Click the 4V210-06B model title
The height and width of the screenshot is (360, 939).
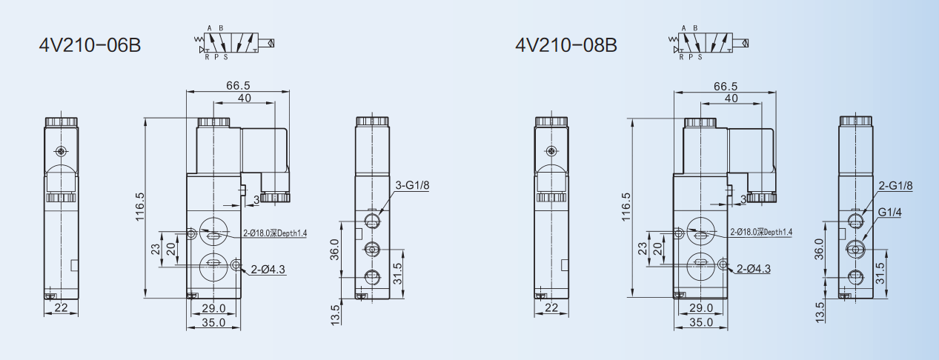(x=90, y=45)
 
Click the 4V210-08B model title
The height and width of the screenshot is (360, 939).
(x=566, y=45)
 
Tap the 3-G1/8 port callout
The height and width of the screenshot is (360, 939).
(x=413, y=185)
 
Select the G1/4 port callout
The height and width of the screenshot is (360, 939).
(x=889, y=213)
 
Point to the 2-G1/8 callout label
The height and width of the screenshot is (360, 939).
(x=895, y=186)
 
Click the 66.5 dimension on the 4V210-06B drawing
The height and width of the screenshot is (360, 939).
(x=238, y=85)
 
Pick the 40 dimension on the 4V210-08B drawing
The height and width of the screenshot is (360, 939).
(x=731, y=98)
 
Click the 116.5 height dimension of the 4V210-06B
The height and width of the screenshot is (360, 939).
(x=139, y=207)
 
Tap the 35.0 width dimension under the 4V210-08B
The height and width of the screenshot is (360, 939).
(x=701, y=322)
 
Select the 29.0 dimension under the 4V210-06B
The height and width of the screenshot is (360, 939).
(x=213, y=308)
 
